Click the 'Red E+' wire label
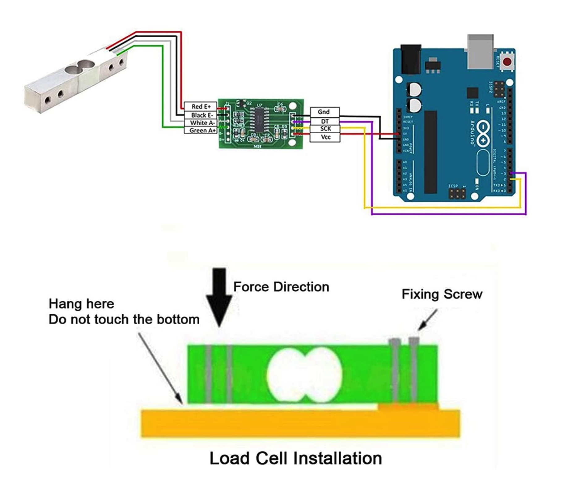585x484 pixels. click(x=200, y=106)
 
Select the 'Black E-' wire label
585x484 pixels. click(x=201, y=115)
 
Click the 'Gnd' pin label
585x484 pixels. click(x=324, y=112)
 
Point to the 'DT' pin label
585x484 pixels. click(x=324, y=121)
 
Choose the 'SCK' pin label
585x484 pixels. click(x=325, y=129)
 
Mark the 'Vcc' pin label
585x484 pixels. click(x=325, y=137)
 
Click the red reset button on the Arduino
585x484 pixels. click(x=507, y=62)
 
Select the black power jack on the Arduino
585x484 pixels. click(x=410, y=59)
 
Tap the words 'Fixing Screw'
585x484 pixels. click(x=442, y=294)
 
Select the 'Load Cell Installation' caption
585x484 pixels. click(x=295, y=458)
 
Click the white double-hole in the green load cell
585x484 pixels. click(x=304, y=374)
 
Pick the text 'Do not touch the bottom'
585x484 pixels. click(x=124, y=319)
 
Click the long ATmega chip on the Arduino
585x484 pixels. click(x=430, y=152)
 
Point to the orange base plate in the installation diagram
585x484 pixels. click(x=300, y=424)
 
